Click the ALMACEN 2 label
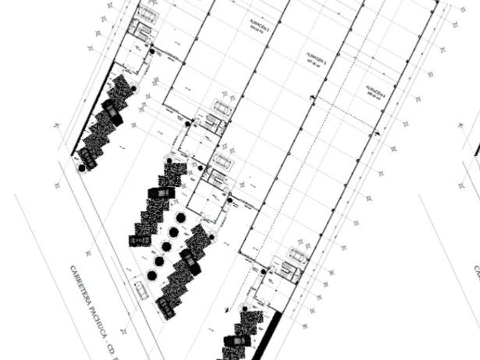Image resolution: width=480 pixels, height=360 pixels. tap(255, 23)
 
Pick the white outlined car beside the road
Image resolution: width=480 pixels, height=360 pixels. tap(141, 290)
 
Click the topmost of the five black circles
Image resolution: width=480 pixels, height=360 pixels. tap(180, 218)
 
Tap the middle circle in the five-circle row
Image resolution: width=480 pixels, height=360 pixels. tap(166, 246)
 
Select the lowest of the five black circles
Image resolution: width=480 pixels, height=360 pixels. tap(152, 275)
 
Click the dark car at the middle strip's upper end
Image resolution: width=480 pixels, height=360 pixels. tap(161, 194)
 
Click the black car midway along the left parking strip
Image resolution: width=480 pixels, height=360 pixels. tap(113, 112)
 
